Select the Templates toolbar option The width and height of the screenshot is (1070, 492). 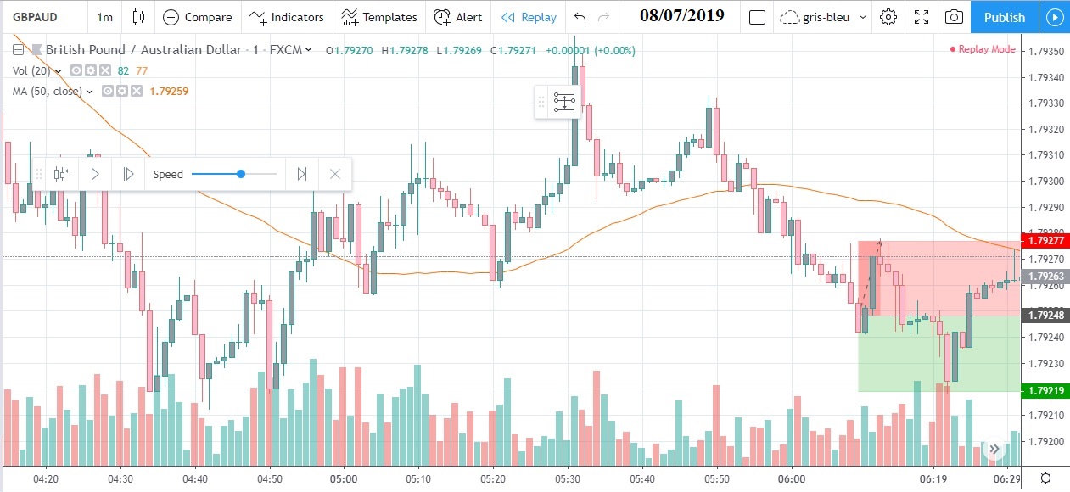(x=379, y=17)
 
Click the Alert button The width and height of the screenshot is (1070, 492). (x=457, y=17)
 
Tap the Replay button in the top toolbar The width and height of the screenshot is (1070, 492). (x=529, y=17)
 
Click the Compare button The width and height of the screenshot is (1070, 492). (x=197, y=17)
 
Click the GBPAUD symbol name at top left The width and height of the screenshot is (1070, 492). (x=34, y=17)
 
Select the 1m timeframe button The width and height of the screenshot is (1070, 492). (x=104, y=17)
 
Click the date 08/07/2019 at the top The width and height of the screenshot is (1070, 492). (x=682, y=16)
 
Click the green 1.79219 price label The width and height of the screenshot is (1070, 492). (x=1045, y=391)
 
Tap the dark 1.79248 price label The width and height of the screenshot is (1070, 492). (x=1045, y=316)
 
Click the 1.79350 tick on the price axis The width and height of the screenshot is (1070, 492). (x=1045, y=52)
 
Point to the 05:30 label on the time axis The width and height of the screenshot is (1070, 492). (x=567, y=478)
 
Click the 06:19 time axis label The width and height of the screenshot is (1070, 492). (x=933, y=478)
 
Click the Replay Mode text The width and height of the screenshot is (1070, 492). (x=985, y=49)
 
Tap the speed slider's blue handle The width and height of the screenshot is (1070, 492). (x=241, y=174)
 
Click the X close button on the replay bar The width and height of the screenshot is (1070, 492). (x=335, y=174)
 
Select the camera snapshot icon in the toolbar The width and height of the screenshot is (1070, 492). (x=954, y=17)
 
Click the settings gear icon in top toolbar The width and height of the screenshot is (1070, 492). (x=888, y=17)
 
